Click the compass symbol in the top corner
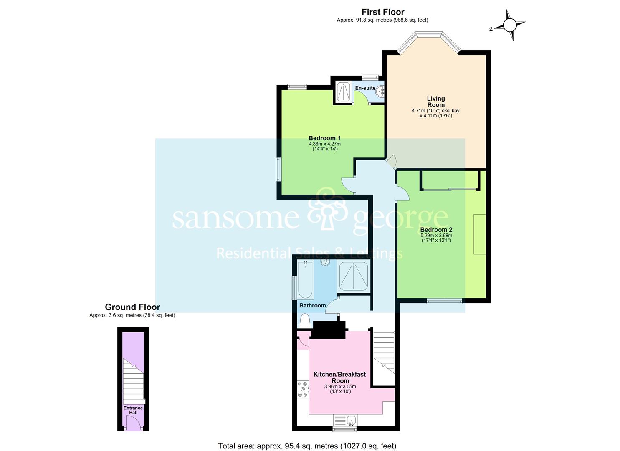click(509, 25)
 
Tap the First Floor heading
click(383, 12)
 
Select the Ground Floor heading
click(132, 307)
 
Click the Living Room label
click(436, 101)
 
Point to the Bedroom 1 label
click(325, 138)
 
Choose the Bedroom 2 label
click(436, 230)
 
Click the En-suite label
click(365, 88)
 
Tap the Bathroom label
click(312, 305)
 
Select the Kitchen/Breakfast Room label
click(339, 378)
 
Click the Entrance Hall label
click(133, 410)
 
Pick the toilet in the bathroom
click(304, 321)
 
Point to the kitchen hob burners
click(302, 389)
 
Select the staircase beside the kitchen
click(384, 352)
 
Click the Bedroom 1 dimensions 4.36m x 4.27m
click(325, 144)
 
